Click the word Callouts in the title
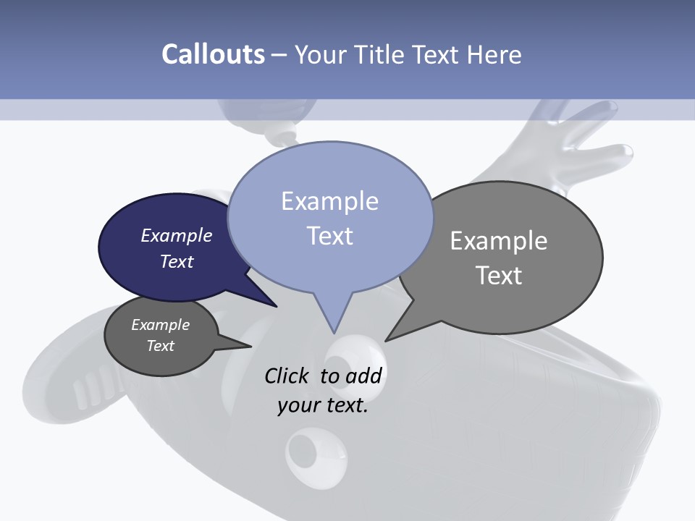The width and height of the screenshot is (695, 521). [x=213, y=54]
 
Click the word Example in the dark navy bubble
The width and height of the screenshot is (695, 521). [x=177, y=235]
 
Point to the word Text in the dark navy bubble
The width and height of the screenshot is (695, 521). [x=177, y=261]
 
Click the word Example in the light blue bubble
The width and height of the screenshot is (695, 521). [x=329, y=201]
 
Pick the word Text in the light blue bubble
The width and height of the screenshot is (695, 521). [x=329, y=236]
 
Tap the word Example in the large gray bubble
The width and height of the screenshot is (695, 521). [x=499, y=240]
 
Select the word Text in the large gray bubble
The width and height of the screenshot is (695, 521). [x=499, y=276]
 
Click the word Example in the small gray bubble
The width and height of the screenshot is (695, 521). [x=161, y=325]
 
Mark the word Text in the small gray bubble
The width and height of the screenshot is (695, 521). [x=161, y=346]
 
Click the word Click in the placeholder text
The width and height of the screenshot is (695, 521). [x=287, y=376]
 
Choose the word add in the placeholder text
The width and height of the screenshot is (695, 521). [x=363, y=376]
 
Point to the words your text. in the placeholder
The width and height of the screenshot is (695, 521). [x=323, y=406]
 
